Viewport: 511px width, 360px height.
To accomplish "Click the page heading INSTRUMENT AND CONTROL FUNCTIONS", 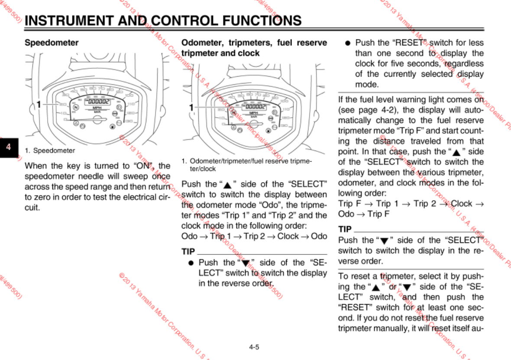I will point(163,21).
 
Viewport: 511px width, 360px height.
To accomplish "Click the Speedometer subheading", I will point(52,43).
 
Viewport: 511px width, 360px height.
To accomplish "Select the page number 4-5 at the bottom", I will point(254,347).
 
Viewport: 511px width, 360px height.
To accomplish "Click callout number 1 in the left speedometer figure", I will point(39,104).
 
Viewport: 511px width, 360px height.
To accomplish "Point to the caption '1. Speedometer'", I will point(50,151).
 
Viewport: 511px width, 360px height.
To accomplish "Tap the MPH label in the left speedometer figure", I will point(97,108).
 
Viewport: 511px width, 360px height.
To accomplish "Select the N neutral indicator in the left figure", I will point(76,107).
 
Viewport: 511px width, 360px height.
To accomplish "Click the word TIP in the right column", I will point(345,229).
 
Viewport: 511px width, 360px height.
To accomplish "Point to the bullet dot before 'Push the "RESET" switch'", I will point(347,43).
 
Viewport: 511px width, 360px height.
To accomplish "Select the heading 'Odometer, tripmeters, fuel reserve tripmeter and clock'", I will point(254,48).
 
